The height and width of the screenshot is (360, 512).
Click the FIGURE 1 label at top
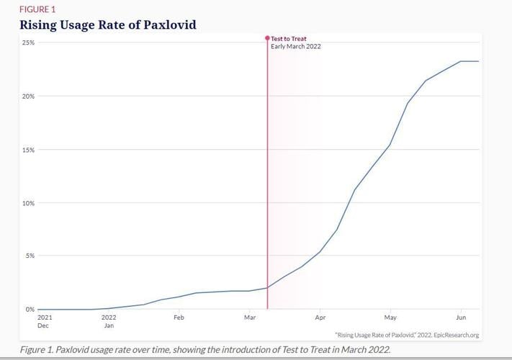click(37, 9)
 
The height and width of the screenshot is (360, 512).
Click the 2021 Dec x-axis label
click(44, 321)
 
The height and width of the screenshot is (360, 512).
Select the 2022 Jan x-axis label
click(109, 321)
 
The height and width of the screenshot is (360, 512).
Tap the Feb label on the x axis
click(179, 317)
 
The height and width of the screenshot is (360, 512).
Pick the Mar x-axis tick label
click(249, 317)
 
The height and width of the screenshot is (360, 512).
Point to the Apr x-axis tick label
click(319, 317)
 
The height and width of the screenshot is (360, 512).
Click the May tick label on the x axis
click(390, 317)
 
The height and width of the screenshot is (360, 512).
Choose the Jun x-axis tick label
click(461, 317)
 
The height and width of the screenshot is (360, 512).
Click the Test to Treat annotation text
click(289, 39)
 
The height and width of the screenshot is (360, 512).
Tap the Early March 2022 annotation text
click(295, 47)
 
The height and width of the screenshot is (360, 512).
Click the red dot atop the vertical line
click(268, 38)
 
